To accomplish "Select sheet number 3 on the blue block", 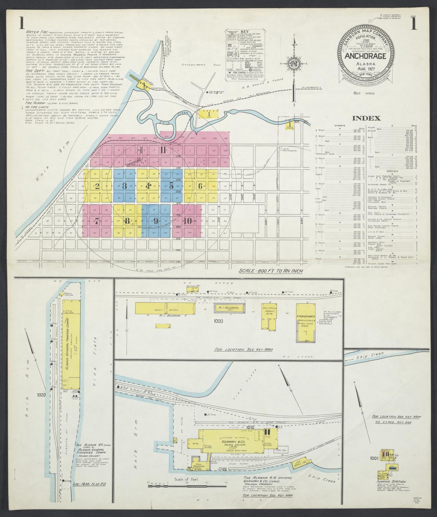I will point(124,186).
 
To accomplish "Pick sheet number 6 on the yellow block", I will point(200,186).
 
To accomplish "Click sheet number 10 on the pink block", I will point(188,221).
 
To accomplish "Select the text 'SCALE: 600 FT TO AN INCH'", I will point(271,271).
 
